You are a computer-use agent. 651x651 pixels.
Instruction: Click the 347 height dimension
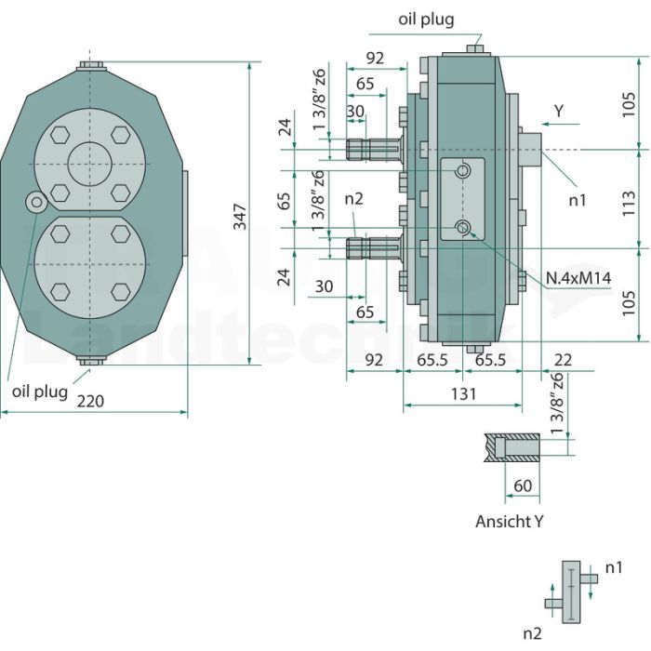click(240, 217)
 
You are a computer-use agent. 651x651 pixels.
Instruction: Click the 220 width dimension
click(91, 401)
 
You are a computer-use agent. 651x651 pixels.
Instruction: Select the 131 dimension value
click(463, 393)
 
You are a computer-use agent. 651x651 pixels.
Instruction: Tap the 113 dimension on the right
click(630, 203)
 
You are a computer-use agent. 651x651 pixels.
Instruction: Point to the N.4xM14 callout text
click(578, 278)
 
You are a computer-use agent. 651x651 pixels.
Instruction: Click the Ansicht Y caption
click(509, 522)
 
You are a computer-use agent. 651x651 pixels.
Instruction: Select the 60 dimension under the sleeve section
click(523, 485)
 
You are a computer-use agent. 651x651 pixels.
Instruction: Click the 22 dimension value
click(564, 360)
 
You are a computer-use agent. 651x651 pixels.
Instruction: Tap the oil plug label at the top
click(426, 20)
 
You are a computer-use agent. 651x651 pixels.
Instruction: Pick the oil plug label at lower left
click(40, 392)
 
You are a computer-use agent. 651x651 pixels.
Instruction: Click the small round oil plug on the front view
click(37, 202)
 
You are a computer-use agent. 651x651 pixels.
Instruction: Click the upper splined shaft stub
click(374, 150)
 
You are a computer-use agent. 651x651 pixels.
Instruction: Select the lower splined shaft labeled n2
click(374, 248)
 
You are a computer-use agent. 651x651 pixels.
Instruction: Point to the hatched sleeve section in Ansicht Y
click(511, 448)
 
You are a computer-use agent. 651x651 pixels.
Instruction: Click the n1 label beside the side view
click(578, 201)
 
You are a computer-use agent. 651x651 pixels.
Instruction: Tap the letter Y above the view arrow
click(559, 112)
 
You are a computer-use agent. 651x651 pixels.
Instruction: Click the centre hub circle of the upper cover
click(90, 164)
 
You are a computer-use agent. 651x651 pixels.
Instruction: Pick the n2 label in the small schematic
click(533, 634)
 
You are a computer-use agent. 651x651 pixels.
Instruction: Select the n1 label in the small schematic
click(614, 567)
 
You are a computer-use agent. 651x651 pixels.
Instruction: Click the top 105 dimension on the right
click(630, 104)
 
